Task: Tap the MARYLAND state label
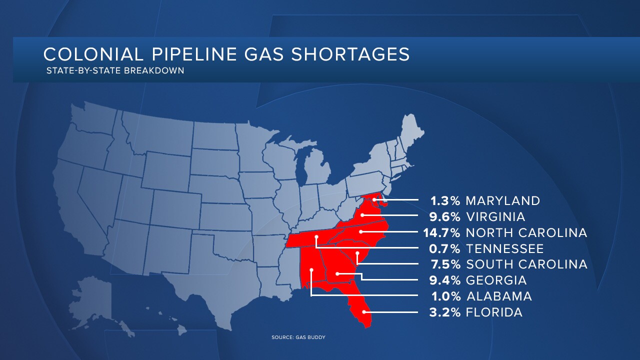502,201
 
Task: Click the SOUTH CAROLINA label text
526,264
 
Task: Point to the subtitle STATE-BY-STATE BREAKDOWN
115,70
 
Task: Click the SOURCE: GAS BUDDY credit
298,337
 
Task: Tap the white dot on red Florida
364,311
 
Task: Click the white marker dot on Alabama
311,270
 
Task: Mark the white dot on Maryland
374,200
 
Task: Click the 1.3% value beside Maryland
445,201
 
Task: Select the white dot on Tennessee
316,237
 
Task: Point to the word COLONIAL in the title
86,54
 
